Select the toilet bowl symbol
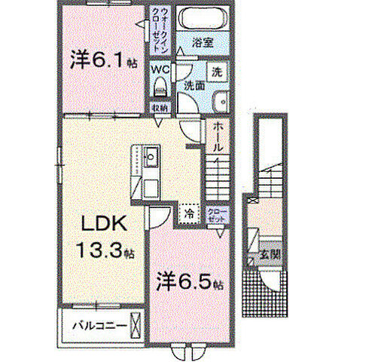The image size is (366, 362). click(159, 88)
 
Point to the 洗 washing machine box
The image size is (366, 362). click(216, 72)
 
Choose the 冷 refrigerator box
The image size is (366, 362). click(189, 214)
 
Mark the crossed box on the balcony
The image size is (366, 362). click(136, 327)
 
